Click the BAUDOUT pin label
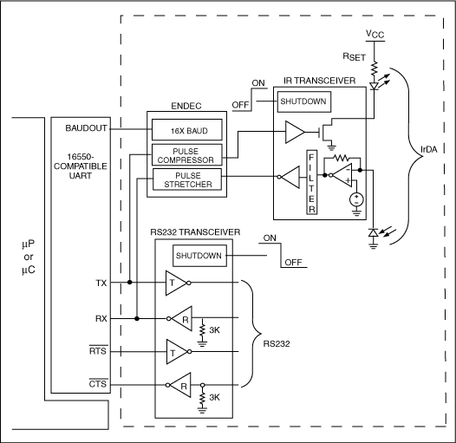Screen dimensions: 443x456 coord(86,127)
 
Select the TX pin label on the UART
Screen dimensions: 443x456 coord(101,283)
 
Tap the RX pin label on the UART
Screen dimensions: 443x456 coord(101,317)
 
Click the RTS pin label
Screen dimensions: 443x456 coord(98,351)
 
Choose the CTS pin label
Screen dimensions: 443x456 coord(98,385)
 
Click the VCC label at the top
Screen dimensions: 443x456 coord(375,35)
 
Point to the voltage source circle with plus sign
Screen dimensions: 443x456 coord(355,199)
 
